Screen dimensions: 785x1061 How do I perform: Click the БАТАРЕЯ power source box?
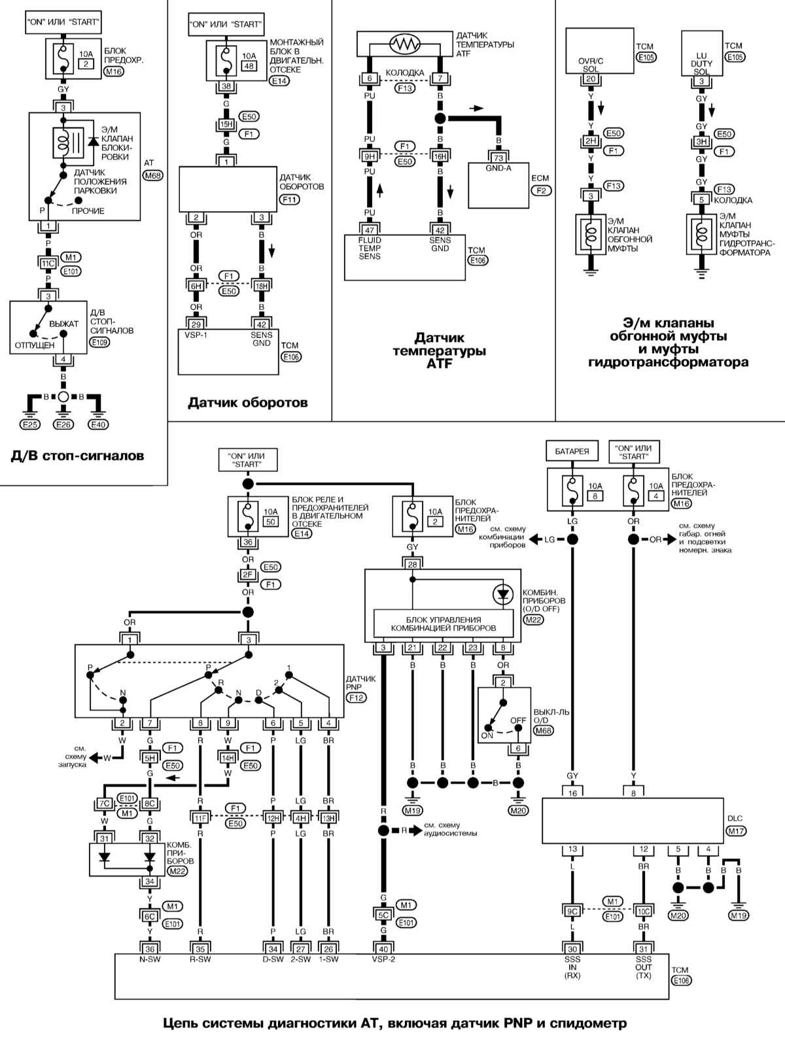(572, 451)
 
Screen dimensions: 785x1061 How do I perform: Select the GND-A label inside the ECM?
(498, 169)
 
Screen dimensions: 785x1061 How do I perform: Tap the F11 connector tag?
(290, 199)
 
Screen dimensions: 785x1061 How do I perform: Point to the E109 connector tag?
(99, 342)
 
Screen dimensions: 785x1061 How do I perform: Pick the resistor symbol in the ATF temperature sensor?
(404, 44)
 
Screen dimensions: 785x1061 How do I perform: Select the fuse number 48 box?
(249, 65)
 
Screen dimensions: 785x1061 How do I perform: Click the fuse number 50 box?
(271, 522)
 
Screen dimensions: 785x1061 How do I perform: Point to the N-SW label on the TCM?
(150, 956)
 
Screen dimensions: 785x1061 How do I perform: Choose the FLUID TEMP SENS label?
(370, 248)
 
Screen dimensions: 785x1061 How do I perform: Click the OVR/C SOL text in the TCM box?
(591, 65)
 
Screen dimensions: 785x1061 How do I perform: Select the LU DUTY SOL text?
(701, 63)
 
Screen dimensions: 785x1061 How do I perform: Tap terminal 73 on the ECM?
(498, 158)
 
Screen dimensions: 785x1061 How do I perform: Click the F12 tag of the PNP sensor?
(356, 698)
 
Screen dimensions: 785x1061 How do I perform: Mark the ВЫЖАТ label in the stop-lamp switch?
(63, 324)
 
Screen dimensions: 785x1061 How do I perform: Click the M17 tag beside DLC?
(736, 831)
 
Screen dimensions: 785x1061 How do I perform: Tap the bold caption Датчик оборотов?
(247, 402)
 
